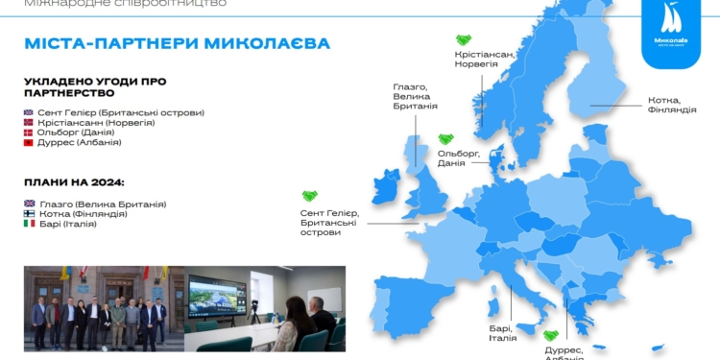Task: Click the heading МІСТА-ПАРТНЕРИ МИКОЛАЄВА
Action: coord(178,44)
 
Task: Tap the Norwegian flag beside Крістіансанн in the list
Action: coord(29,123)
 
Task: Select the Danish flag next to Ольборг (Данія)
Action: coord(29,132)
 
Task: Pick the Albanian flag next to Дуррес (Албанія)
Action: coord(29,143)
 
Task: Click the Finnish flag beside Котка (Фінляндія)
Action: coord(29,214)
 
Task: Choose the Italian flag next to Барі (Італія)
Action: coord(29,225)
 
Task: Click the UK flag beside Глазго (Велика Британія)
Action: coord(29,204)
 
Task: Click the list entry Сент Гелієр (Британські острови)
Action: coord(121,112)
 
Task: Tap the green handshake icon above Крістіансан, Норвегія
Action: coord(463,40)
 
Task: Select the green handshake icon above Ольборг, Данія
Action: coord(445,139)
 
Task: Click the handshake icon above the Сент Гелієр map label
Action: coord(309,197)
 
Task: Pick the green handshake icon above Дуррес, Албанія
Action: coord(551,336)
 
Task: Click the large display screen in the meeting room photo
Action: coord(217,295)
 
